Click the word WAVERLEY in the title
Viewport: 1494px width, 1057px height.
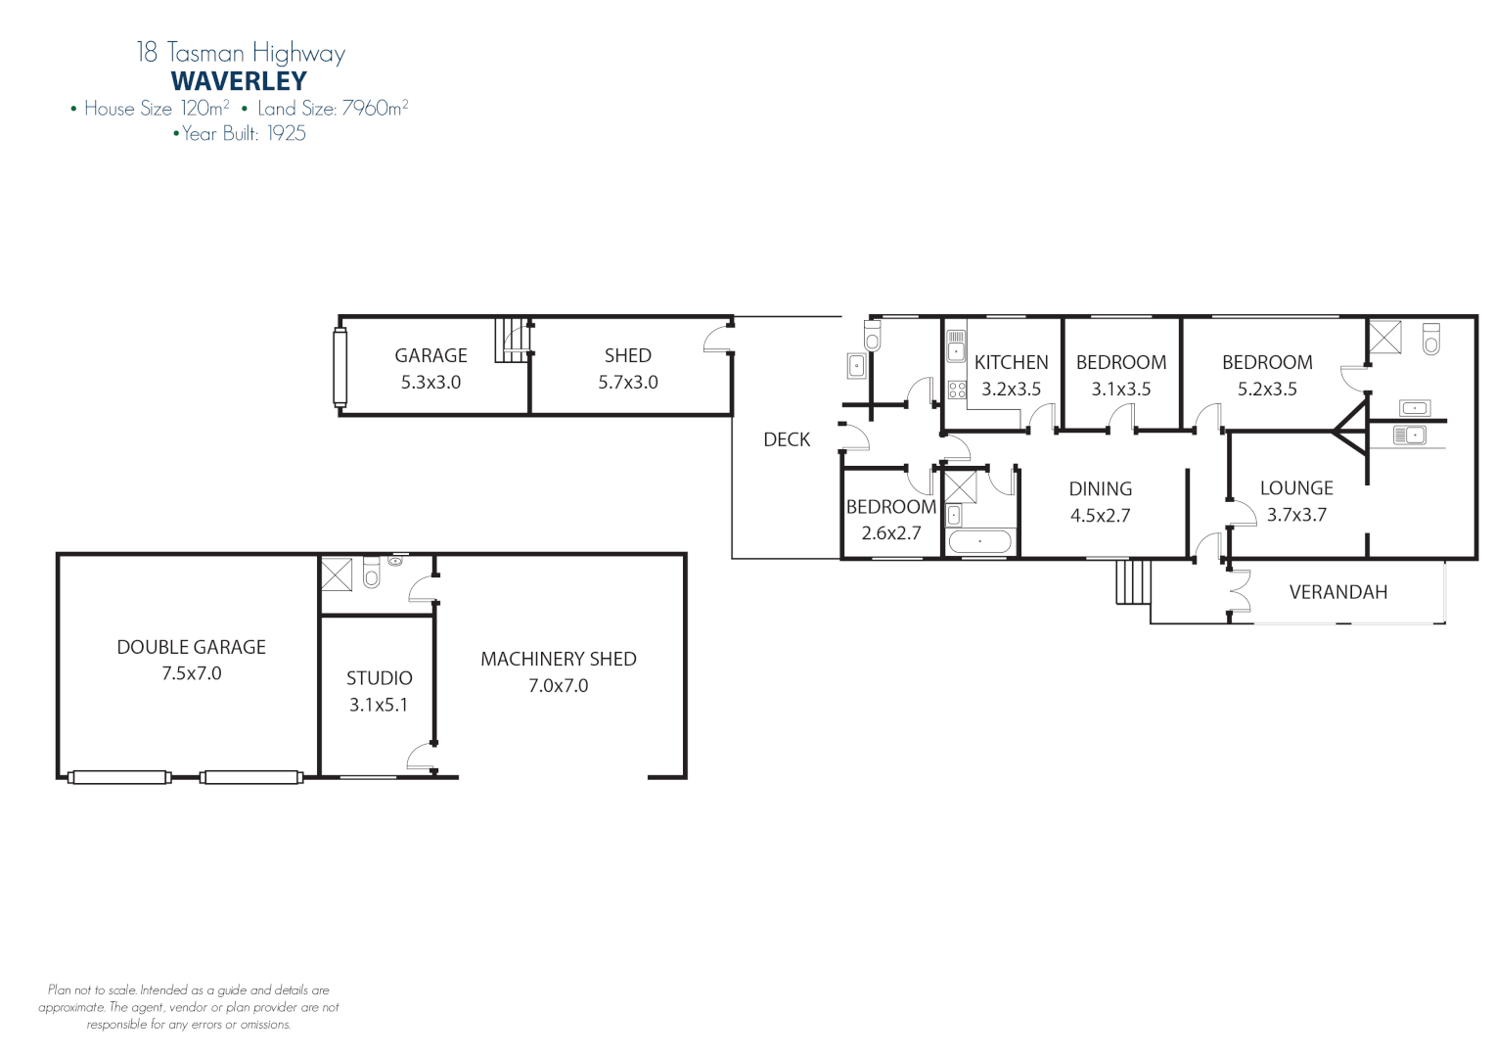239,81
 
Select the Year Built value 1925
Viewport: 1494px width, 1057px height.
287,134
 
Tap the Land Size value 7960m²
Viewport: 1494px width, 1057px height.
375,109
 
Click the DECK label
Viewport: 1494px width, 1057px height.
787,439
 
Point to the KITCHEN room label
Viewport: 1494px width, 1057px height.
1011,362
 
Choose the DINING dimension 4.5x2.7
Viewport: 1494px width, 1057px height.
1100,516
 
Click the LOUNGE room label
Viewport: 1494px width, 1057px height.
1296,487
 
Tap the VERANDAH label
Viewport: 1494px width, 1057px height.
1337,592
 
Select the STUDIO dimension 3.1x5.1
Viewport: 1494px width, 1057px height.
379,705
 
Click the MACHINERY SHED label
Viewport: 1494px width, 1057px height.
558,659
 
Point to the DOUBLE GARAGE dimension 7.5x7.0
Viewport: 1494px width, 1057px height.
192,673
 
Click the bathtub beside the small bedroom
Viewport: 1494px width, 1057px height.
979,541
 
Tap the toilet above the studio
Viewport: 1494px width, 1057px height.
371,573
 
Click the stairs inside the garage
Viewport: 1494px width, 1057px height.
511,340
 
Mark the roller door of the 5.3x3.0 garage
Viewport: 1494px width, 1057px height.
340,367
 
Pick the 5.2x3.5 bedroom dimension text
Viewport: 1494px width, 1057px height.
1267,389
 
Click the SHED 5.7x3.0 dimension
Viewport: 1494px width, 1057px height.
627,383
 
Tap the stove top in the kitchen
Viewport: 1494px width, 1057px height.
957,390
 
